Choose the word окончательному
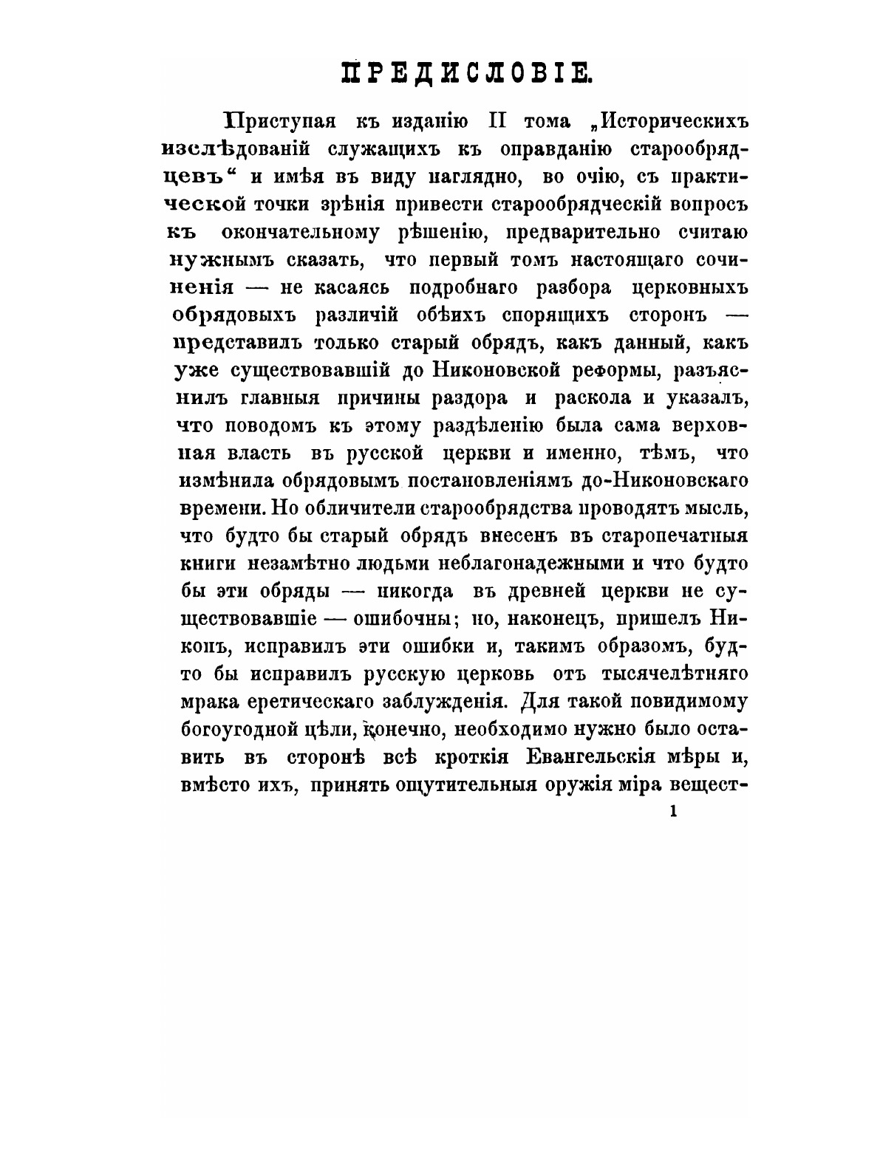coord(311,232)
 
